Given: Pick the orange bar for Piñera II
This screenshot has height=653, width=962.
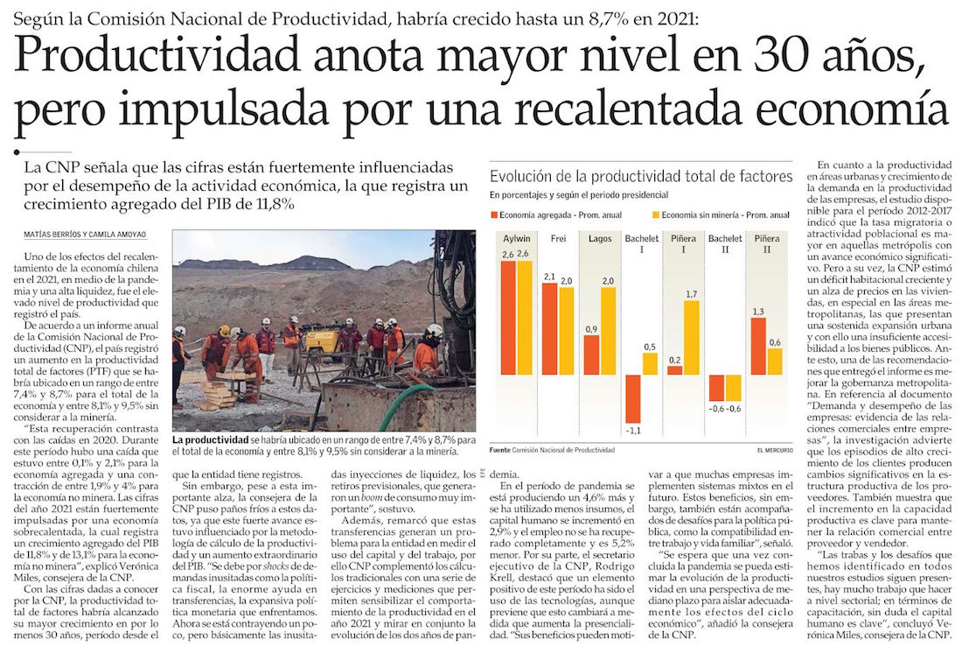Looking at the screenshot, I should [758, 346].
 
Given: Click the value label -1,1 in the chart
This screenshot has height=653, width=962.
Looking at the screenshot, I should [634, 432].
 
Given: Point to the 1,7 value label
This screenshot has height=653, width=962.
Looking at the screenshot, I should [692, 293].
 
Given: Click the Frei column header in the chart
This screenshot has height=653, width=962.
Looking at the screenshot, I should [558, 238].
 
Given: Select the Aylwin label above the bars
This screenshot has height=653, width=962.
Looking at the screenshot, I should [516, 238].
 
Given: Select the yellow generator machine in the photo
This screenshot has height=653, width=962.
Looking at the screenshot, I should [323, 341].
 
